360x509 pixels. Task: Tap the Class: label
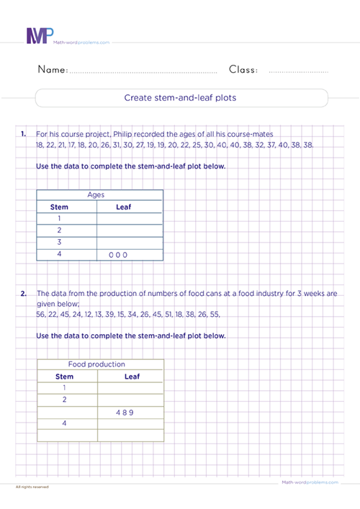point(244,71)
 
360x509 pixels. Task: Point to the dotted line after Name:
point(144,73)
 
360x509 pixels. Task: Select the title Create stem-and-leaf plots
point(181,98)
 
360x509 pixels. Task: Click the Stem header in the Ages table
point(59,207)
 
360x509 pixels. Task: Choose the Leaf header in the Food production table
point(132,376)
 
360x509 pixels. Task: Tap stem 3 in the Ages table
point(59,243)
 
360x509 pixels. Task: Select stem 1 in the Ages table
point(59,219)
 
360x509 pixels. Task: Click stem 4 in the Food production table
point(65,423)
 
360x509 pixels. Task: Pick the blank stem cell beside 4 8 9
point(66,412)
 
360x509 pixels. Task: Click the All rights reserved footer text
point(32,487)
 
